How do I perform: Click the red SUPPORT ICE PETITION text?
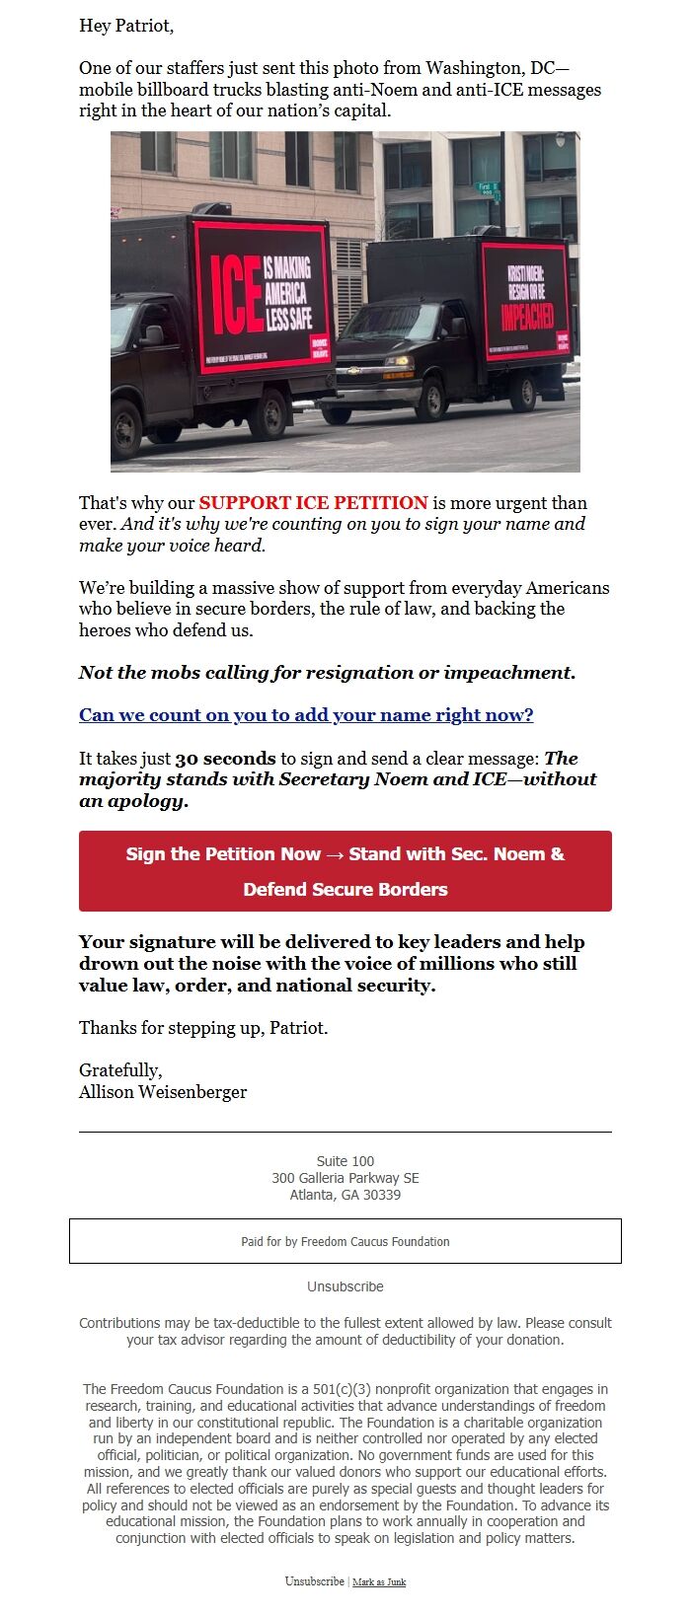[313, 503]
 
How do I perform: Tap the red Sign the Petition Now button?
[345, 871]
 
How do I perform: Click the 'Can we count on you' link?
[306, 715]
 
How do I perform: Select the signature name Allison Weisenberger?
[163, 1092]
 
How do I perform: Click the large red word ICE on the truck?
[236, 296]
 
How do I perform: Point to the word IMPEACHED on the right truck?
[526, 317]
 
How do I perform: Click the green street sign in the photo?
[487, 189]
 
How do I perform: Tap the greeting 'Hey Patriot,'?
[126, 26]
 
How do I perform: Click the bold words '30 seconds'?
[225, 759]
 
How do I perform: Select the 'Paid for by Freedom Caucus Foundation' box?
[345, 1241]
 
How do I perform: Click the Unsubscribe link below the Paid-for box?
[345, 1286]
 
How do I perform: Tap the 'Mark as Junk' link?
[379, 1582]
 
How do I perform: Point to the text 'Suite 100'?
[345, 1161]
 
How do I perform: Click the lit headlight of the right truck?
[400, 362]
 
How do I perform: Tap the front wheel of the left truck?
[127, 427]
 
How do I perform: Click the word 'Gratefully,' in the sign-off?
[120, 1070]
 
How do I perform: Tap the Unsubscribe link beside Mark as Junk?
[314, 1581]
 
